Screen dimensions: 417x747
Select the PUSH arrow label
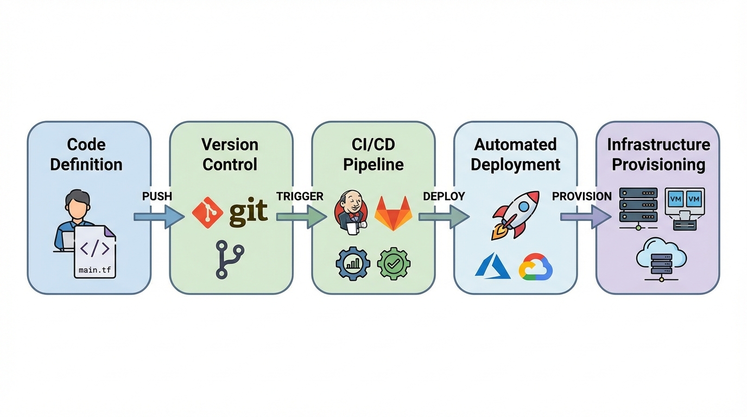tap(157, 197)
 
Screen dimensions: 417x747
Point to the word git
tap(248, 212)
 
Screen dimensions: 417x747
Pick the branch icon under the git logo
tap(229, 260)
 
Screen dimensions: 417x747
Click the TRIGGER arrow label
tap(300, 197)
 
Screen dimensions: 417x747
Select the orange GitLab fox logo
tap(394, 213)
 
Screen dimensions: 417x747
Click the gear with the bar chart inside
tap(353, 264)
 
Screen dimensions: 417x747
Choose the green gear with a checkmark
tap(394, 264)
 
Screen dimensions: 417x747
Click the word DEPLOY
tap(444, 197)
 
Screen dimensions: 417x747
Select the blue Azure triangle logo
tap(492, 267)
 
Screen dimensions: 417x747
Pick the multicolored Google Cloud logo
tap(535, 267)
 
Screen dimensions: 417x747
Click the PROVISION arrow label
tap(581, 197)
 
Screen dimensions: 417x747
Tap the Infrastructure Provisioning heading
tap(658, 155)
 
